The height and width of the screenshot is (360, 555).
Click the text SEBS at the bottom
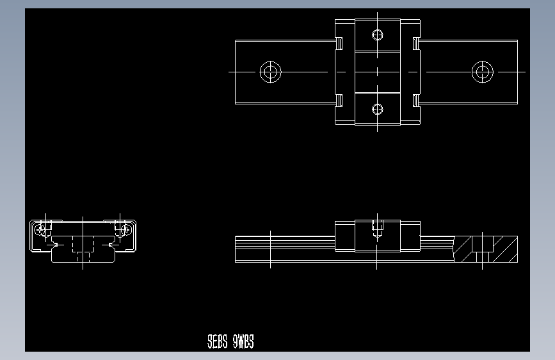(x=217, y=342)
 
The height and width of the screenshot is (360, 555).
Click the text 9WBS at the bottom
(x=243, y=342)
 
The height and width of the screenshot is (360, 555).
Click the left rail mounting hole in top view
(x=270, y=72)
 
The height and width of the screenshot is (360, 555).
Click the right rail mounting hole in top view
(x=482, y=72)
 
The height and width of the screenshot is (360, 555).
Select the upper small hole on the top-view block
(x=378, y=35)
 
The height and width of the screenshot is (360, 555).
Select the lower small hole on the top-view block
(x=378, y=109)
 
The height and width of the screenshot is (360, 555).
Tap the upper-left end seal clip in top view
(x=339, y=43)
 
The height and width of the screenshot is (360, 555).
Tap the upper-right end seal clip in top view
(x=416, y=43)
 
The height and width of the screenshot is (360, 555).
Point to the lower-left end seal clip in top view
(x=339, y=100)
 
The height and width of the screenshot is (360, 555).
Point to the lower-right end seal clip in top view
(x=416, y=100)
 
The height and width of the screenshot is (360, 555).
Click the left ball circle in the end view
(x=42, y=228)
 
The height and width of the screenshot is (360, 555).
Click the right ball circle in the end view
(x=125, y=228)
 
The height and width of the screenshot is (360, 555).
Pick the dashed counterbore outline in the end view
(x=83, y=245)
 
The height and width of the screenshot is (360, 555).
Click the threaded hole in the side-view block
(x=378, y=227)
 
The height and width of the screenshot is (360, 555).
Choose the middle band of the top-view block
(x=378, y=72)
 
